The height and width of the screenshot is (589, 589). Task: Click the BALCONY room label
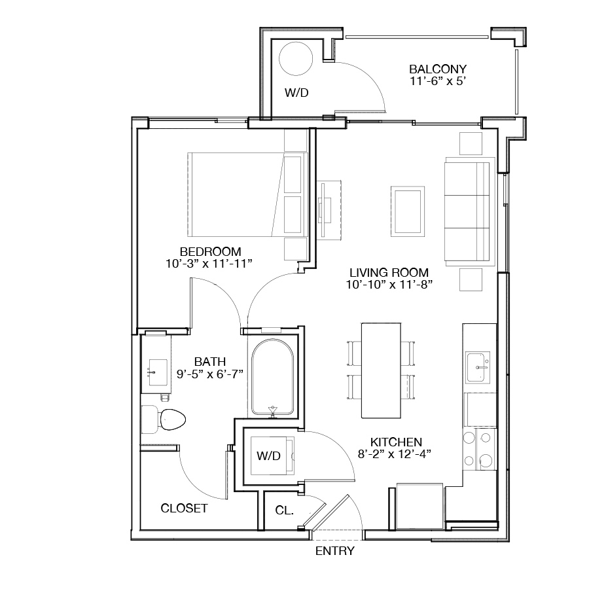(x=438, y=69)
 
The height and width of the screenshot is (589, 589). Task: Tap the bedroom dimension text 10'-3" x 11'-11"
(x=209, y=264)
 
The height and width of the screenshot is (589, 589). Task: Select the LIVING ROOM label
(x=389, y=272)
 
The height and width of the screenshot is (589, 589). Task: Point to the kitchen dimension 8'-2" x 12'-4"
(x=395, y=454)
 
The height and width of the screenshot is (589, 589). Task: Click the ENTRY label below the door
(x=334, y=550)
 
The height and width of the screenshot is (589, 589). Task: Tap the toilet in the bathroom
(x=164, y=419)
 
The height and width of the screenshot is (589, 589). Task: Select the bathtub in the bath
(x=273, y=378)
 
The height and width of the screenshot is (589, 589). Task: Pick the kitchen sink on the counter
(x=478, y=367)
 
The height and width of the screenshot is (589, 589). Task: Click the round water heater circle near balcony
(x=296, y=59)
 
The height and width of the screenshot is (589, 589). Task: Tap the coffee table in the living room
(x=408, y=211)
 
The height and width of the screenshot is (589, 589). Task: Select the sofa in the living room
(x=469, y=211)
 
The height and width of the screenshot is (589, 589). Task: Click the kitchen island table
(x=381, y=370)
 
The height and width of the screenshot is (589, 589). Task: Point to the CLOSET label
(x=184, y=509)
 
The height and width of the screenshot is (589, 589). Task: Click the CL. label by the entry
(x=285, y=510)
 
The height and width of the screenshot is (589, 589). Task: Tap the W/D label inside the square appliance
(x=268, y=455)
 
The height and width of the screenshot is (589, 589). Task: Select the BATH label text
(x=210, y=362)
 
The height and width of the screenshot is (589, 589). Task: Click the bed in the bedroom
(x=248, y=194)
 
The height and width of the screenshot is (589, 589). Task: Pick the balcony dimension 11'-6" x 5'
(x=438, y=81)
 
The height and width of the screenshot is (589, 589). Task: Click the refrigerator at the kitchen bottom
(x=420, y=506)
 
